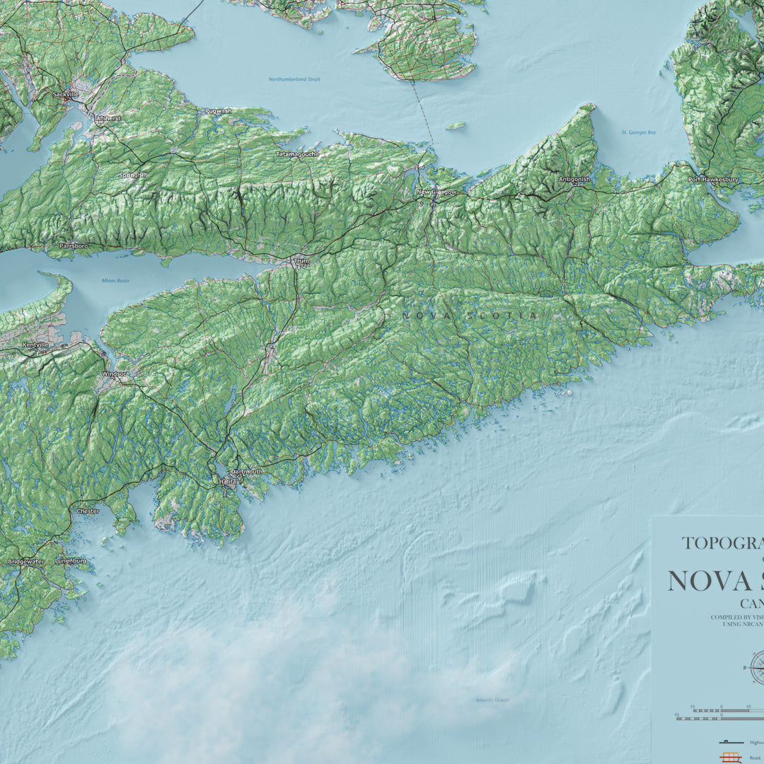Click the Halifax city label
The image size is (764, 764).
(x=228, y=481)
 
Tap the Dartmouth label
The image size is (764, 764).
(x=246, y=471)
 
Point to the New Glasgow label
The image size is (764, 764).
(x=436, y=192)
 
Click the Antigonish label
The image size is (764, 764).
(x=574, y=179)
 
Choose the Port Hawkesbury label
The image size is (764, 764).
(x=713, y=180)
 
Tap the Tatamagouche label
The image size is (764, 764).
(x=297, y=154)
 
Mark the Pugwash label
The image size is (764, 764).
(x=218, y=111)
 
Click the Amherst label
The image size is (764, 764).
(x=108, y=118)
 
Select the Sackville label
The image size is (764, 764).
(x=65, y=93)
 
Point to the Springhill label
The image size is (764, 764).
(x=133, y=175)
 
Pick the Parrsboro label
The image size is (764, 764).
(x=74, y=245)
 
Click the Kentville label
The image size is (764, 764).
(x=35, y=345)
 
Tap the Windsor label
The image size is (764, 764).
(x=115, y=373)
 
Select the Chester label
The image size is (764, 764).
(x=88, y=510)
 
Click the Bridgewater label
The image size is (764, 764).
(x=25, y=561)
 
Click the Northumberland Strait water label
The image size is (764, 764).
(x=294, y=79)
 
